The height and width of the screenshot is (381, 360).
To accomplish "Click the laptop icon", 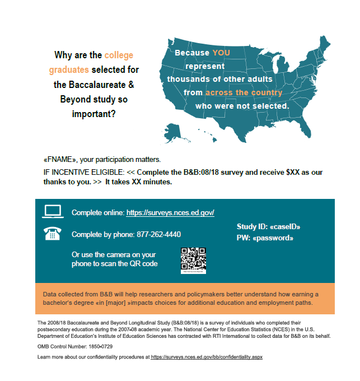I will click(52, 212).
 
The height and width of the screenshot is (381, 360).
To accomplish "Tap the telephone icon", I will click(52, 234).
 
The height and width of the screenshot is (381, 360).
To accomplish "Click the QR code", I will click(193, 260).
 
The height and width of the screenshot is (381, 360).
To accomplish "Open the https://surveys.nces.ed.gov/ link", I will click(170, 213).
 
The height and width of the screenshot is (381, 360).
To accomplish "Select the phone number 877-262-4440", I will click(158, 234).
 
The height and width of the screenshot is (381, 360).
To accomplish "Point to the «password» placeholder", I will click(274, 238).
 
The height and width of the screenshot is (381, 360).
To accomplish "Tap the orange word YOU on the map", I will click(221, 53).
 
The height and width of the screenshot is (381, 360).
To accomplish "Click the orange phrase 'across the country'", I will click(244, 92).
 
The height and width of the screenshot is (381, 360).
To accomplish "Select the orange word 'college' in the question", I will click(119, 55).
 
